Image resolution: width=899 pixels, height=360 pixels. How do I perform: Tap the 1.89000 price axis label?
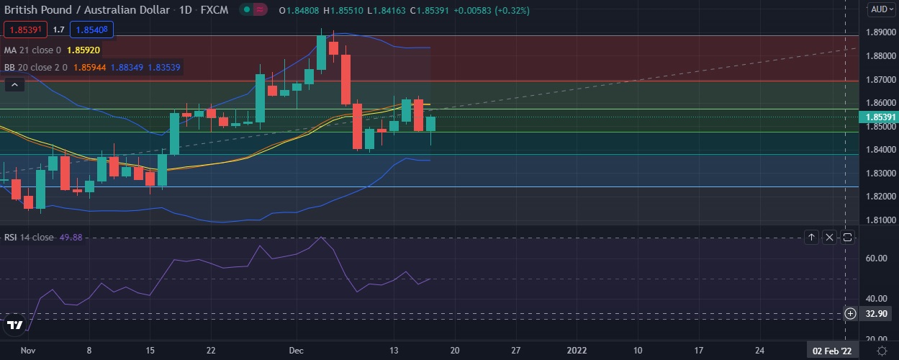coord(880,32)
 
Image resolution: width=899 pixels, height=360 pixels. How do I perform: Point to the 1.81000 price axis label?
coord(880,220)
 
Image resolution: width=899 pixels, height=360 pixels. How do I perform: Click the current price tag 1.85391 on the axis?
coord(880,117)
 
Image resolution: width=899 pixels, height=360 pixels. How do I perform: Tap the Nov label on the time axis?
coord(28,351)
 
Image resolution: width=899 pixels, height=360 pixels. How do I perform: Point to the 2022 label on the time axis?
coord(577,351)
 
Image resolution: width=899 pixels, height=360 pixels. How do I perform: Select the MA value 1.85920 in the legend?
coord(83,50)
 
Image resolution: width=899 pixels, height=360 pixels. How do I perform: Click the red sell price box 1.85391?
coord(26,30)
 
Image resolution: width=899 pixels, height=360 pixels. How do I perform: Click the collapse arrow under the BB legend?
coord(14,85)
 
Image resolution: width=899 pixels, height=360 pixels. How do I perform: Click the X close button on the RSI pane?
coord(829,237)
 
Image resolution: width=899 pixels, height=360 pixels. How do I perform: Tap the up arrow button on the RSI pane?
coord(811,237)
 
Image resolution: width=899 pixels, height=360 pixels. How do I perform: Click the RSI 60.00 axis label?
coord(875,258)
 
